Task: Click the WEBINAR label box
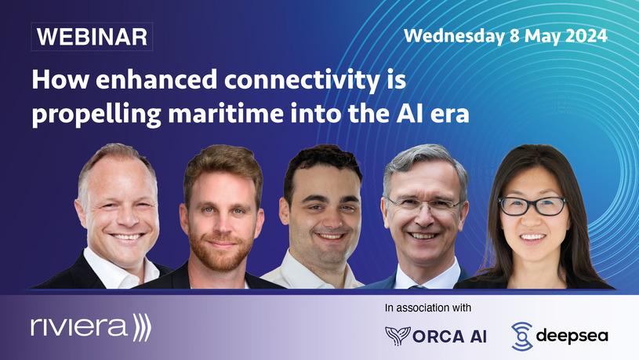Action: point(92,37)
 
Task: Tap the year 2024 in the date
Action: point(586,36)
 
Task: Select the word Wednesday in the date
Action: point(454,36)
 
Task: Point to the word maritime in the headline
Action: point(226,115)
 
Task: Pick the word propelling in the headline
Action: point(96,116)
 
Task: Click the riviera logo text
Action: point(79,327)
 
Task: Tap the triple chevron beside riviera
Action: point(142,327)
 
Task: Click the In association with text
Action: point(428,307)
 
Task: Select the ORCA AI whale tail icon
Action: point(398,336)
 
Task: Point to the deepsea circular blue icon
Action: point(522,336)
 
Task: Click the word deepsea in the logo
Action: point(572,336)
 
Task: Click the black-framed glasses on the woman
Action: point(532,206)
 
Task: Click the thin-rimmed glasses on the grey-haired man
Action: point(423,205)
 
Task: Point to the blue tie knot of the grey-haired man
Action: point(417,287)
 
